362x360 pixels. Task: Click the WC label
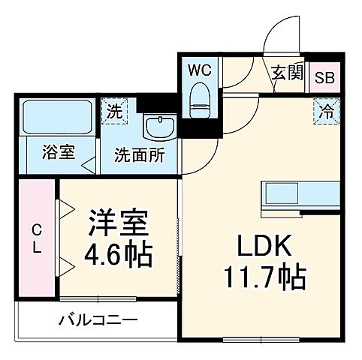[x=200, y=71]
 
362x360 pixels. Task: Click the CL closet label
[x=36, y=238]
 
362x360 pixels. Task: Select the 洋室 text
[x=119, y=223]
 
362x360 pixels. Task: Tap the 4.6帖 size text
[x=119, y=255]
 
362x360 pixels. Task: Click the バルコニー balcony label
[x=98, y=321]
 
